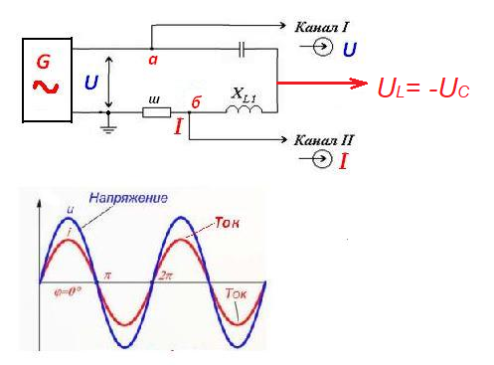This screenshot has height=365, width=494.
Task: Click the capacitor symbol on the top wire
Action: (x=243, y=50)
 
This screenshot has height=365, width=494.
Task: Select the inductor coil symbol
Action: (x=244, y=109)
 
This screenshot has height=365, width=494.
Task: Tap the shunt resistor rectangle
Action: (x=157, y=112)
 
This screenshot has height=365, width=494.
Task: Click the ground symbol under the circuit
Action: (x=108, y=126)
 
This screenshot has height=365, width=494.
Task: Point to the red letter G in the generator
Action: (x=44, y=62)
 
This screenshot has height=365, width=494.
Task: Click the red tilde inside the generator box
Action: (x=46, y=87)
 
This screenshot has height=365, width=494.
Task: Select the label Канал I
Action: (x=321, y=27)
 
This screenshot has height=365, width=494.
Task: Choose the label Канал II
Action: (x=324, y=140)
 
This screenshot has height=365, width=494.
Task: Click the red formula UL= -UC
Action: (x=423, y=89)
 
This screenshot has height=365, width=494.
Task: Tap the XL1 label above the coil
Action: (x=244, y=94)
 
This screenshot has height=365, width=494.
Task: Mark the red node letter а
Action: (x=153, y=60)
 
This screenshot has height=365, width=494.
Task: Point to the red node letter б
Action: (x=196, y=102)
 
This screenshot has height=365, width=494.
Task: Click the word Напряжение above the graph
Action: (x=128, y=198)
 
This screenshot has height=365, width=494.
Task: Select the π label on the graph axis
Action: (x=107, y=275)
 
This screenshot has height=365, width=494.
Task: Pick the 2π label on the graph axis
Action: (x=165, y=275)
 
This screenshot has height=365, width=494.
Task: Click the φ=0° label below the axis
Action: (x=68, y=291)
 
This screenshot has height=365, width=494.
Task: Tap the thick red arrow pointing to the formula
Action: (x=322, y=83)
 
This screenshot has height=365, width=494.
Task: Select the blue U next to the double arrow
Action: (x=91, y=83)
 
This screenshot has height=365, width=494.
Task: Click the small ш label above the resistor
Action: (x=154, y=99)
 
